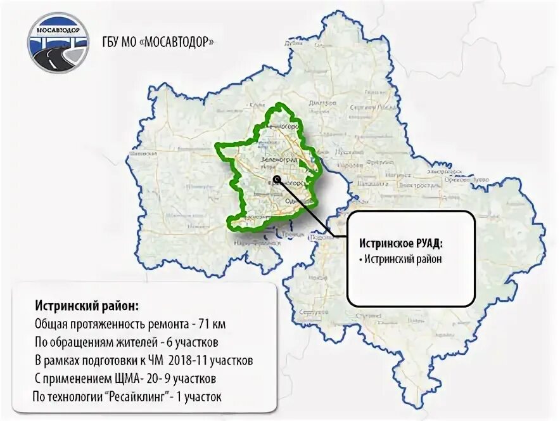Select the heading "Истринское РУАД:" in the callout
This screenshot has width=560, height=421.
(401, 243)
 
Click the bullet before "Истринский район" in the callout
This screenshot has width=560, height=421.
(360, 259)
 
